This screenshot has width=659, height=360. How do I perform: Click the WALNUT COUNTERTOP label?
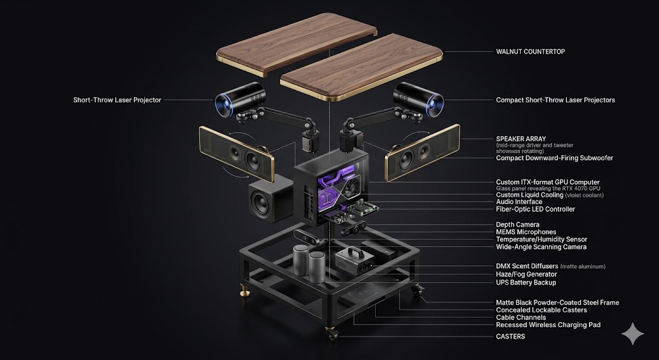(x=530, y=52)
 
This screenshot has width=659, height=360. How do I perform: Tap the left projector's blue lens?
(x=222, y=104)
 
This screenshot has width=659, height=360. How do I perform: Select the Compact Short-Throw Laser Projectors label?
(x=555, y=100)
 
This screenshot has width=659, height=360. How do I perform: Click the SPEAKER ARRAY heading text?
(x=521, y=139)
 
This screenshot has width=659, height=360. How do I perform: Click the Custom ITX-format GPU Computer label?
(x=548, y=182)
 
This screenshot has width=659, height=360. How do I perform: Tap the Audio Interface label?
(x=519, y=202)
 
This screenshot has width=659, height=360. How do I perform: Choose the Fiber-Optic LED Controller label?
(x=535, y=209)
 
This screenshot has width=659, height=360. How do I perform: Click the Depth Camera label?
(x=517, y=225)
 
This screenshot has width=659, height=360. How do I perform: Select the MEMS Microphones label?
(x=526, y=232)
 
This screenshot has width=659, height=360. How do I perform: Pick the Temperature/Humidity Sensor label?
(x=541, y=240)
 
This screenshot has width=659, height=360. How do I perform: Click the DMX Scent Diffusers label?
(x=527, y=266)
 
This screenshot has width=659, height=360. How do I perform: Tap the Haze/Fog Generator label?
(x=526, y=274)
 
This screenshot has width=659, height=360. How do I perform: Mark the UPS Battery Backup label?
(x=526, y=283)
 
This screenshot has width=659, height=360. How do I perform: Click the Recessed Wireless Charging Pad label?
(x=548, y=325)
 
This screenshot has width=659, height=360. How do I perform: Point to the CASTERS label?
(x=510, y=336)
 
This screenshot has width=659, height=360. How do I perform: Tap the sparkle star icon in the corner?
(x=633, y=334)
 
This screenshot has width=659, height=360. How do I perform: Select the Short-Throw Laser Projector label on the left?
(x=117, y=100)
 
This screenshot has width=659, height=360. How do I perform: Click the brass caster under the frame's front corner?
(x=331, y=333)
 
